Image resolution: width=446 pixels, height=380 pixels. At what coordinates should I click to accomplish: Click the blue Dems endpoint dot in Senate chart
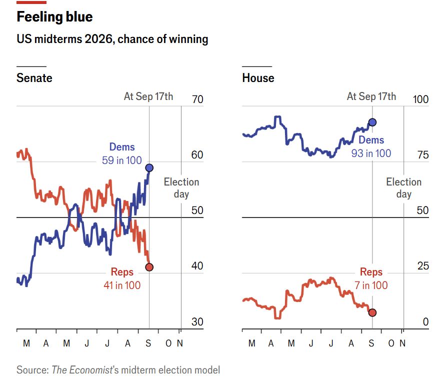[x=149, y=168]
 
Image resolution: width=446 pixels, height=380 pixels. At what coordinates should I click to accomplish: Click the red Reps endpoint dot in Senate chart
[x=149, y=267]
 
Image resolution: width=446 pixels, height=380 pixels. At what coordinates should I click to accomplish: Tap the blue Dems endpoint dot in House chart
[x=372, y=122]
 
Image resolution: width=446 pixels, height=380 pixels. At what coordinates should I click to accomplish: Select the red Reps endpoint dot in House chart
[x=372, y=312]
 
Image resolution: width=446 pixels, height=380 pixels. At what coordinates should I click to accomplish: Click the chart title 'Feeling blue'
[x=54, y=17]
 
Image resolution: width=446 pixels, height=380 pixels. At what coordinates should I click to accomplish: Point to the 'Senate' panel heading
[x=34, y=78]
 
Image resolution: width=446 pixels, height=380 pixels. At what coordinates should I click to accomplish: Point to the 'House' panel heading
[x=258, y=78]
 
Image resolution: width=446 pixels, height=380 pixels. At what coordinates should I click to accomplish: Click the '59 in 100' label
[x=121, y=160]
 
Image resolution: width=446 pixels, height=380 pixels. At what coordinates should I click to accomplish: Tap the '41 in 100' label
[x=122, y=285]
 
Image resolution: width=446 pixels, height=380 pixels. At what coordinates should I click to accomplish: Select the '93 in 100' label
[x=371, y=153]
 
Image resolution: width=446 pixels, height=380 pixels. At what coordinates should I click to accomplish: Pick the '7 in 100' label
[x=371, y=285]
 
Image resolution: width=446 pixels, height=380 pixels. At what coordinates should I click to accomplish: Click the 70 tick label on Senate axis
[x=197, y=99]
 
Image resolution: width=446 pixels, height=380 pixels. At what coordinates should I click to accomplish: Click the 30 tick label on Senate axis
[x=197, y=321]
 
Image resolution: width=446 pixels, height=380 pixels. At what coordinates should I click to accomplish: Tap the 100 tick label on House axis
[x=420, y=99]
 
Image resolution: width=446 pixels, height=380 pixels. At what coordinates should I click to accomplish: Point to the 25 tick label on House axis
[x=423, y=266]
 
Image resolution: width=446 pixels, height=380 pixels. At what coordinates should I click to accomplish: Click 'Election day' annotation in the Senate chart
[x=181, y=187]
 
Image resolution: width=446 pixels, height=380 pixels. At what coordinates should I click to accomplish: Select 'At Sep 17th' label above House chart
[x=371, y=96]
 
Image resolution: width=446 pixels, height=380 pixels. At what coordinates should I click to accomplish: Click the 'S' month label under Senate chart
[x=148, y=343]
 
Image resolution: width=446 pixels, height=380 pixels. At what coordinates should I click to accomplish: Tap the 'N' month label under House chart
[x=402, y=343]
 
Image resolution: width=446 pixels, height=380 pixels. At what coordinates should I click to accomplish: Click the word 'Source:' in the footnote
[x=32, y=370]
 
